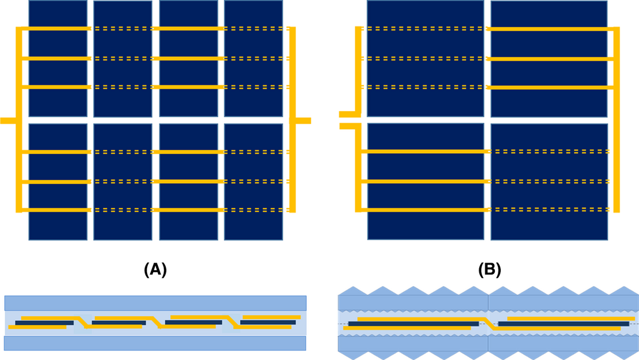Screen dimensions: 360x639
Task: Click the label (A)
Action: (x=156, y=270)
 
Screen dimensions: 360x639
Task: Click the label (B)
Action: (x=489, y=270)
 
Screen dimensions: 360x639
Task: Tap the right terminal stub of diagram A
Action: (x=303, y=121)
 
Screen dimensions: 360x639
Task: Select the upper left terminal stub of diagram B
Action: (x=348, y=114)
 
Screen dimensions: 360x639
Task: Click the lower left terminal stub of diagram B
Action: (x=348, y=126)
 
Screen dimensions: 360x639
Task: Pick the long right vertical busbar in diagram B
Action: (x=616, y=120)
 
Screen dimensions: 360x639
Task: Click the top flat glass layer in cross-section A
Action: (x=156, y=302)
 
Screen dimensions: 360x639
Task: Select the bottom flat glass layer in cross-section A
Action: (x=156, y=343)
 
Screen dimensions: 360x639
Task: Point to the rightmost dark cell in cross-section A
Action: (x=268, y=322)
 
